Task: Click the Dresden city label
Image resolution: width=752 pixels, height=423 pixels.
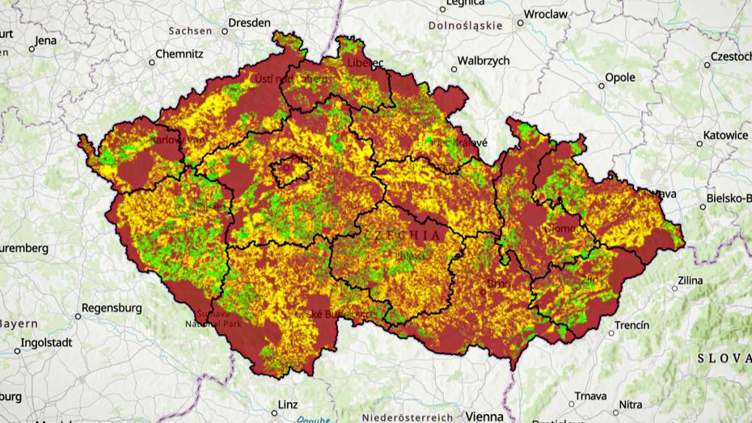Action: (249, 23)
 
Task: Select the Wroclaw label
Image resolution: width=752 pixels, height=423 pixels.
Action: (546, 14)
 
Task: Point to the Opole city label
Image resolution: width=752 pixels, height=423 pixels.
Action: (620, 78)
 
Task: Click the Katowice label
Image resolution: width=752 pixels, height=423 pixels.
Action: (725, 135)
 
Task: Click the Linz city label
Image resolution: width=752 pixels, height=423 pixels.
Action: (287, 404)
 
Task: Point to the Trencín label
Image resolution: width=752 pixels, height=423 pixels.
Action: (632, 325)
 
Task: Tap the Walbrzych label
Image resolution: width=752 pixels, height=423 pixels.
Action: (484, 61)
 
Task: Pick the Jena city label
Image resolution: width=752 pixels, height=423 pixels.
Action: (46, 40)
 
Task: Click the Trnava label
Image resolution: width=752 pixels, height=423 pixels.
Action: (589, 396)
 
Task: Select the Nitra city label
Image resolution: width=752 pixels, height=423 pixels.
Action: (631, 404)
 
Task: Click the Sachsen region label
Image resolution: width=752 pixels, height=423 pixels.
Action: (190, 31)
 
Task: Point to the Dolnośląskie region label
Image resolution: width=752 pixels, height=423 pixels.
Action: (465, 26)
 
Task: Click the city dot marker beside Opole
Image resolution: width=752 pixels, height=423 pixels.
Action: (602, 84)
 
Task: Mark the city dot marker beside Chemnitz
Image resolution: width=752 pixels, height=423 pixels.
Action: (152, 61)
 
